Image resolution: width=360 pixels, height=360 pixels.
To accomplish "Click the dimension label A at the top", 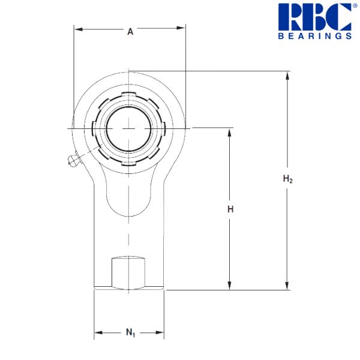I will (130, 32).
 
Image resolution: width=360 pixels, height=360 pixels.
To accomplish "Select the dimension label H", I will (230, 209).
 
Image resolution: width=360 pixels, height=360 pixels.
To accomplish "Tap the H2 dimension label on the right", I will (287, 179).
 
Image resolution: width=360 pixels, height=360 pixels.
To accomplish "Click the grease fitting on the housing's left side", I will (74, 160).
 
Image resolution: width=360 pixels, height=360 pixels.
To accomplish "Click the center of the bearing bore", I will (128, 128).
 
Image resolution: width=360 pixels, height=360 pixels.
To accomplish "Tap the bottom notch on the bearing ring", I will (128, 162).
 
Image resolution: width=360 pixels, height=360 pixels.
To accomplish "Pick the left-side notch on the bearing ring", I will (94, 128).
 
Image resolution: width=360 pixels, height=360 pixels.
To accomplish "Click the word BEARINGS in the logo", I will (314, 36).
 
